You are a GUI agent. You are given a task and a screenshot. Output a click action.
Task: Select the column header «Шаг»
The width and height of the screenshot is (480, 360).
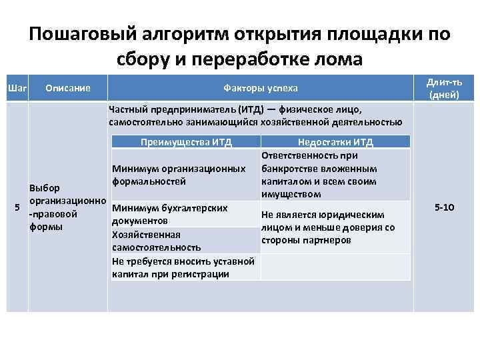[x=16, y=88]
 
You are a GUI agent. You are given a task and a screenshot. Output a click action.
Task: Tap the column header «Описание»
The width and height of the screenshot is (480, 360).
[x=67, y=88]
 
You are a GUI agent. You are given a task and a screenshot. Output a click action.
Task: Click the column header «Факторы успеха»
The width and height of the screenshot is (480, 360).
[x=260, y=88]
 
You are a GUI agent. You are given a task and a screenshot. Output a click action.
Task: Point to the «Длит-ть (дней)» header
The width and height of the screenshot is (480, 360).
[x=443, y=88]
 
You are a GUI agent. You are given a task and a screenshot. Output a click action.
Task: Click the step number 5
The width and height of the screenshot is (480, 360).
[x=17, y=208]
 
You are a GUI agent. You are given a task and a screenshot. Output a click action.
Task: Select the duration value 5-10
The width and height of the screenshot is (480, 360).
[x=443, y=208]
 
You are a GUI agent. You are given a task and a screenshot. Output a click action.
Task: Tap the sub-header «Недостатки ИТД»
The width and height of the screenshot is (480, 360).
[x=335, y=142]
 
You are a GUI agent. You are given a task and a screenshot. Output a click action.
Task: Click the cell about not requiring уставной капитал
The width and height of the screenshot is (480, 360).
[x=183, y=267]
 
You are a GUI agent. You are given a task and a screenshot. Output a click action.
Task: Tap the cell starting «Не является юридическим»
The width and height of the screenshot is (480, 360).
[x=327, y=227]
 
